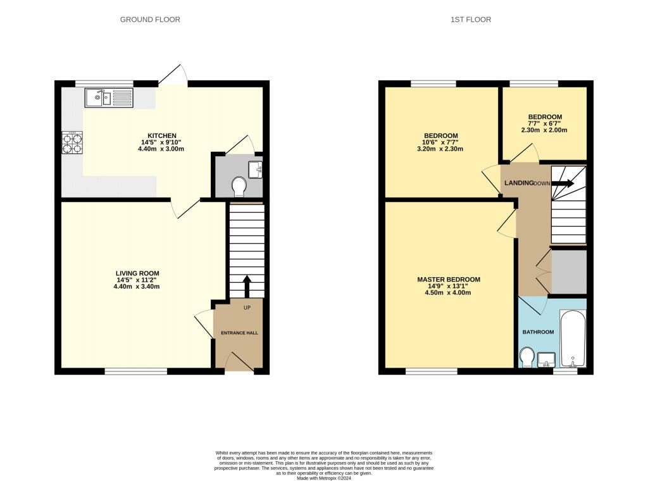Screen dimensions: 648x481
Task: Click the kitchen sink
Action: pos(109,98)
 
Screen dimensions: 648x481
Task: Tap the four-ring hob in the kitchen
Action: pos(72,142)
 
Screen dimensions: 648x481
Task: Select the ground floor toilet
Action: pos(239,186)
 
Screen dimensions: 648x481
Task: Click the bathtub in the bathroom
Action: pos(573,339)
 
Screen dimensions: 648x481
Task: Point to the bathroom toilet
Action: pos(526,357)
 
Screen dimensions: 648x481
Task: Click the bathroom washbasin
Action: pos(546,359)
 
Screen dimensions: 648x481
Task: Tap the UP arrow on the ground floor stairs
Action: pos(247,286)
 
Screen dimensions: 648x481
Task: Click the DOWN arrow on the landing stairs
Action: pos(563,183)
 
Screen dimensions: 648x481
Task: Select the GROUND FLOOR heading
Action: pos(150,20)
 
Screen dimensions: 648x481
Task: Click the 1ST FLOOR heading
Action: pos(471,20)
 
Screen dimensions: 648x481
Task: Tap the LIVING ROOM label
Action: pos(137,273)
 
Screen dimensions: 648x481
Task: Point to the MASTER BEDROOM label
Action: pos(449,279)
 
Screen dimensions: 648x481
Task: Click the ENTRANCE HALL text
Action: pos(239,333)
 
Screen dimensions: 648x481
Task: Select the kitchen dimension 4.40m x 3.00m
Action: pos(161,149)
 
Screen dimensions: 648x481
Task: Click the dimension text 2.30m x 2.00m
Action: pos(544,130)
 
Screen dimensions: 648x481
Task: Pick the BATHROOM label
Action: pos(538,332)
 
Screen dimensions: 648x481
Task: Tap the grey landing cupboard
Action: pos(569,272)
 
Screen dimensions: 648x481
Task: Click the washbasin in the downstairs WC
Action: pos(255,170)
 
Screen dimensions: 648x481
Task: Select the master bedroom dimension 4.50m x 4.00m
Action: pos(448,292)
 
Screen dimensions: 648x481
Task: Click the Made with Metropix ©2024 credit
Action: pos(324,478)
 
